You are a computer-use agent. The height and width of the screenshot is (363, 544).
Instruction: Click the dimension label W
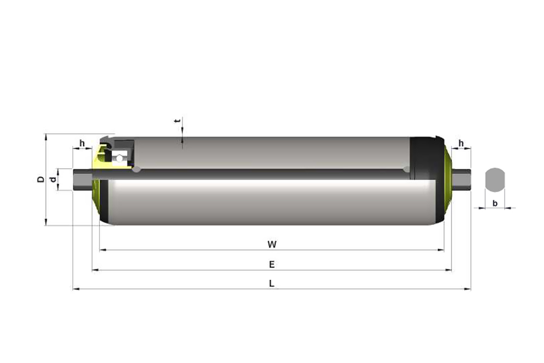coord(272,244)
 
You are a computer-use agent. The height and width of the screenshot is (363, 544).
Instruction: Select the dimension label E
coord(272,264)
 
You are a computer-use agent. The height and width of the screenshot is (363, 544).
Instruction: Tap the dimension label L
coord(271,284)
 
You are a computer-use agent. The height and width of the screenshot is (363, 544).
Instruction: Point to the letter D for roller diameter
coord(41,180)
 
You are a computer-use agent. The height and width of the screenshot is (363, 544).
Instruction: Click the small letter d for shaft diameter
coord(53,180)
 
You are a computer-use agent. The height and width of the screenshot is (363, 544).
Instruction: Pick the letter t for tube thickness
coord(178,121)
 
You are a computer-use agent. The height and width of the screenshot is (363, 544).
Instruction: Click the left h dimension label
coord(82,143)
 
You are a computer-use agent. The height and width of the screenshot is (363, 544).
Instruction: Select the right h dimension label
coord(461,143)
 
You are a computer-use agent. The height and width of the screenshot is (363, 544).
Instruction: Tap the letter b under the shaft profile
coord(495,204)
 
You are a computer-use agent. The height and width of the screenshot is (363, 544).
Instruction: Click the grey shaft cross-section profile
coord(495,180)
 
